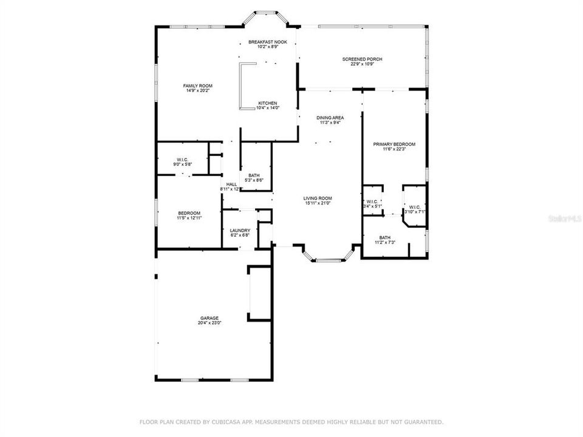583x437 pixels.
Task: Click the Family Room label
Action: coord(197,86)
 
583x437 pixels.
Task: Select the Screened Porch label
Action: coord(362,59)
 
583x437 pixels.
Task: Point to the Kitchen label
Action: coord(267,103)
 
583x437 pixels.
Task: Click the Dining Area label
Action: coord(330,117)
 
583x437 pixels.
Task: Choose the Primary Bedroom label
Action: coord(394,144)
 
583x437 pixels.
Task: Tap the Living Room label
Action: coord(318,198)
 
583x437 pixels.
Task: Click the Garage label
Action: coord(210,318)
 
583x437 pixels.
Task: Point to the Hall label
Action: coord(231,185)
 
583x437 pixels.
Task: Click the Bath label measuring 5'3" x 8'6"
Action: coord(253,175)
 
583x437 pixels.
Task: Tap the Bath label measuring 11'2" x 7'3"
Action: coord(385,237)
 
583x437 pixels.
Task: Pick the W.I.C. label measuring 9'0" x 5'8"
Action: coord(183,160)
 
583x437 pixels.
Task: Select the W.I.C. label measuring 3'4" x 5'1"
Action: coord(372,202)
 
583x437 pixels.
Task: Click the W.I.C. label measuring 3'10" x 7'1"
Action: coord(415,206)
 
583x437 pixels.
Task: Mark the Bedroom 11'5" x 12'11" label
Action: coord(189,212)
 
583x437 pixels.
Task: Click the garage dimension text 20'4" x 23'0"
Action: coord(210,324)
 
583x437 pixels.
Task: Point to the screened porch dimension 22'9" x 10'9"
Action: coord(362,64)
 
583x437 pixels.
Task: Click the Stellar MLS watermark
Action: coord(565,216)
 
